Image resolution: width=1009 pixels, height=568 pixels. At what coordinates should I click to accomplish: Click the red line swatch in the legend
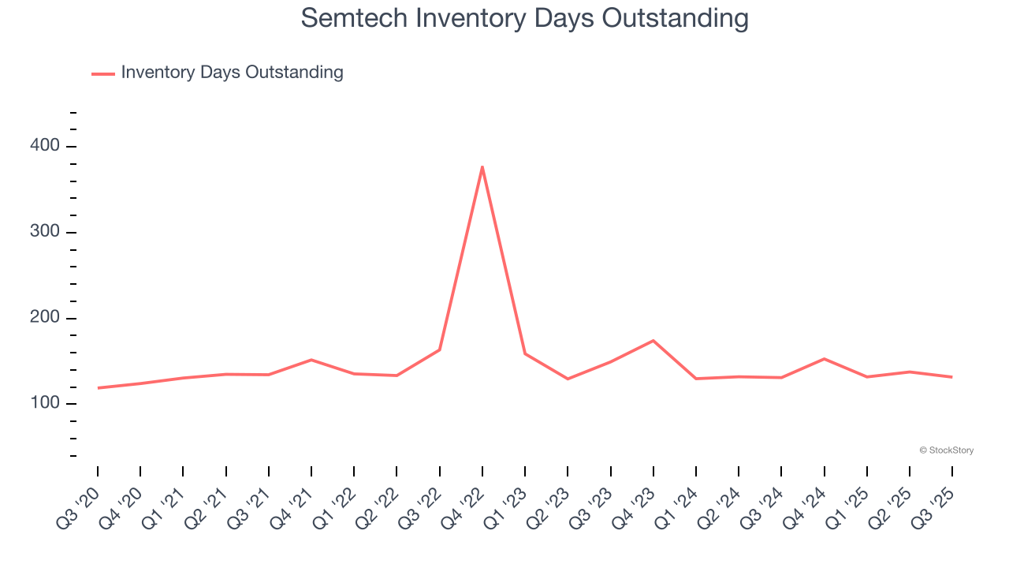[103, 73]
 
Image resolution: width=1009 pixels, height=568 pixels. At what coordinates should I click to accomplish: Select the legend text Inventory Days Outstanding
[232, 73]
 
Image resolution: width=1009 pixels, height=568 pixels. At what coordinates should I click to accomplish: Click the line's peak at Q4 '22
[482, 166]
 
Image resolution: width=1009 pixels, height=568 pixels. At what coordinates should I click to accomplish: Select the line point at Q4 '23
[653, 341]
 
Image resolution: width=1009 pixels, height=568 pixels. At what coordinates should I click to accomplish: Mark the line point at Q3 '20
[98, 388]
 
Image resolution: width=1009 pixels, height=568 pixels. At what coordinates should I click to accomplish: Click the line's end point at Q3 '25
[952, 377]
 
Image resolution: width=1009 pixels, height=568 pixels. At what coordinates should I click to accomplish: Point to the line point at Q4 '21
[311, 360]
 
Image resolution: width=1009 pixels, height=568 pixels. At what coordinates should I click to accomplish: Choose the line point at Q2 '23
[568, 379]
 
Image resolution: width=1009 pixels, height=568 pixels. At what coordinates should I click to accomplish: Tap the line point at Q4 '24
[824, 359]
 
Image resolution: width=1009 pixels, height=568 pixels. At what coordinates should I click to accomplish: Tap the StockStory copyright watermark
[946, 450]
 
